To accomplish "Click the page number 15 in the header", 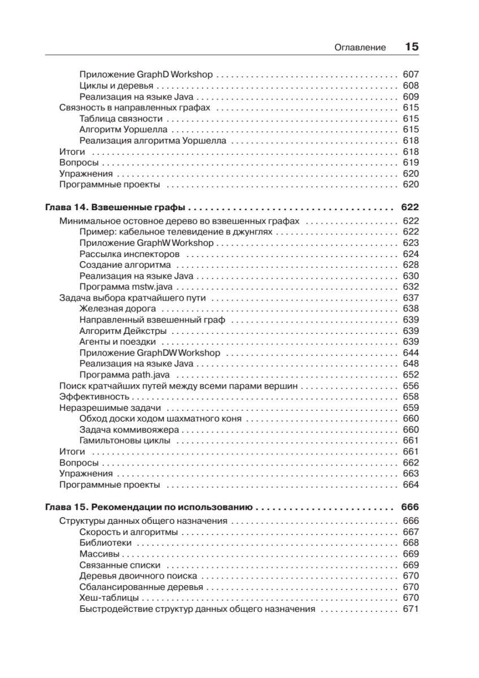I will click(x=411, y=47).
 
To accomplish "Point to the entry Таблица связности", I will click(x=121, y=119).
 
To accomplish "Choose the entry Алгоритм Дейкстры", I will click(x=123, y=331).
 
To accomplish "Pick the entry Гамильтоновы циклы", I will click(x=125, y=441).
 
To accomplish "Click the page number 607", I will click(x=411, y=75).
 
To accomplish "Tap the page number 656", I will click(x=411, y=386).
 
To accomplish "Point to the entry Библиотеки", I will click(x=106, y=544).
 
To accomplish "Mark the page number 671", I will click(x=411, y=610).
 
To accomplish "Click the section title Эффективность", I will click(x=91, y=397).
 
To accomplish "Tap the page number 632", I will click(x=411, y=287).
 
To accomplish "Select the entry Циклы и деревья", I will click(x=116, y=86).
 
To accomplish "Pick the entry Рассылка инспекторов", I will click(x=129, y=254).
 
